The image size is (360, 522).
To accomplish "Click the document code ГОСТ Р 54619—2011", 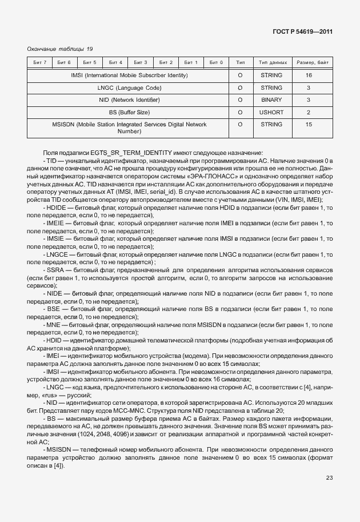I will pos(303,32).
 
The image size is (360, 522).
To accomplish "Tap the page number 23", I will pos(329,478).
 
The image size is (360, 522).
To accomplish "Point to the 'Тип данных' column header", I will pos(273,62).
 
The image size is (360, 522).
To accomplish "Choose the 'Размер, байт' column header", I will pos(310,62).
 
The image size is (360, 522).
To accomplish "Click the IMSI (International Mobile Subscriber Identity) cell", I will pos(129,75).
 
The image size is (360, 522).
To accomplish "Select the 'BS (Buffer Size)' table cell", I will pos(129,112).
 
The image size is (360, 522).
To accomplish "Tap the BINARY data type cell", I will pos(271,100).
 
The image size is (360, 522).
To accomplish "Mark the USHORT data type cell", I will pos(271,112).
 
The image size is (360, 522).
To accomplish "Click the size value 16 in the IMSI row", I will pos(309,75).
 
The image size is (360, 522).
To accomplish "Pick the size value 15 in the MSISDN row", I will pos(309,124).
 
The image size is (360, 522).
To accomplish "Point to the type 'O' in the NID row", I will pos(240,100).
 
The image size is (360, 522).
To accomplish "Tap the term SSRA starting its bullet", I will pos(56,269).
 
